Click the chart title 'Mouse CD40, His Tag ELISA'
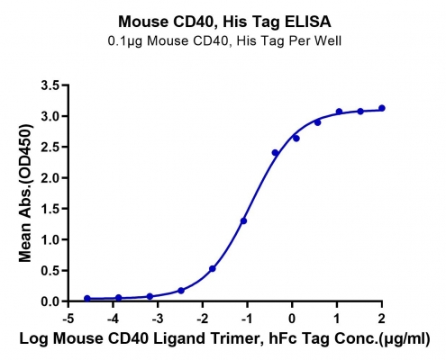[224, 22]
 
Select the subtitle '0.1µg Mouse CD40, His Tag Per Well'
[224, 40]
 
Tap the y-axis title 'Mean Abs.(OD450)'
[25, 193]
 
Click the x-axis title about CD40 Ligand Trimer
[224, 338]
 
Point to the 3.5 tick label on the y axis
[50, 85]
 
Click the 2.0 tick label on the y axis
[50, 178]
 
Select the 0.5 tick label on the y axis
[50, 271]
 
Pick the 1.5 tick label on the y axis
[50, 209]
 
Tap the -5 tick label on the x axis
[68, 319]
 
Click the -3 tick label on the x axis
[158, 319]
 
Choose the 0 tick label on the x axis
[292, 319]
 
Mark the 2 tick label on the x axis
[381, 319]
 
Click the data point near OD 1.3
[243, 221]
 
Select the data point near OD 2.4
[275, 153]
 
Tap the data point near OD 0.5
[213, 269]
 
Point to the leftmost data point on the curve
[87, 299]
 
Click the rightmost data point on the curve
[382, 108]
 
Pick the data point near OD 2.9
[318, 122]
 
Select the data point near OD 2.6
[296, 139]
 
